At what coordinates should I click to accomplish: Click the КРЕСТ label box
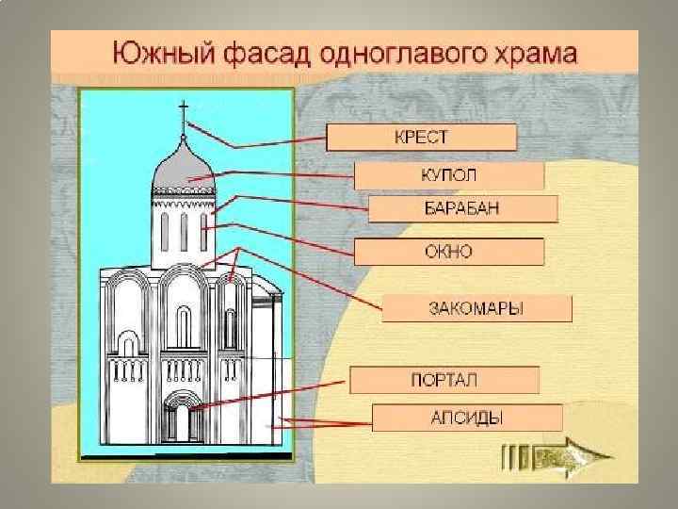tap(421, 138)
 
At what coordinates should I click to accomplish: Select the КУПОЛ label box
tap(448, 176)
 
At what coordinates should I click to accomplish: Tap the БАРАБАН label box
tap(461, 209)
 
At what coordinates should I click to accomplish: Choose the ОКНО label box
tap(448, 252)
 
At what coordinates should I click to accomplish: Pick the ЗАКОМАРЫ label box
tap(476, 309)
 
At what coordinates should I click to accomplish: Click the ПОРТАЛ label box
tap(444, 380)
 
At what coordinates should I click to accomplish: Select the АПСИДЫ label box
tap(467, 418)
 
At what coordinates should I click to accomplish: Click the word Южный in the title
tap(153, 52)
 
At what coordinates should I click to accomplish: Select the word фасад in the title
tap(254, 52)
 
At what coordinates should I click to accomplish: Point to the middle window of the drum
tap(186, 227)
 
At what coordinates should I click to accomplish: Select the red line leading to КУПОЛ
tap(282, 176)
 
